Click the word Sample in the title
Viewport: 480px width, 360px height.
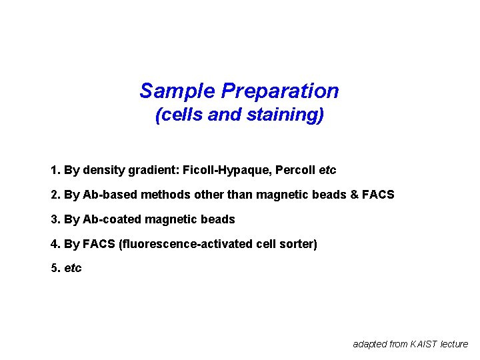coord(177,91)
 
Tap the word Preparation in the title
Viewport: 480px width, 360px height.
coord(280,91)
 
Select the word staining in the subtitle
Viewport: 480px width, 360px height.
coord(283,115)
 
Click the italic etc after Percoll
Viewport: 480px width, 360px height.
coord(328,170)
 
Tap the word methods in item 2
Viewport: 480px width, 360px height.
coord(155,195)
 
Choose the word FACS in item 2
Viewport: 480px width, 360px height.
coord(381,195)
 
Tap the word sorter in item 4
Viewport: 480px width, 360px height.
coord(298,244)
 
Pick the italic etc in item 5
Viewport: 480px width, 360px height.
coord(73,269)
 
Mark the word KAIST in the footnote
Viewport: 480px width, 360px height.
coord(424,344)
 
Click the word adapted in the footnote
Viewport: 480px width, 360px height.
coord(370,344)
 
